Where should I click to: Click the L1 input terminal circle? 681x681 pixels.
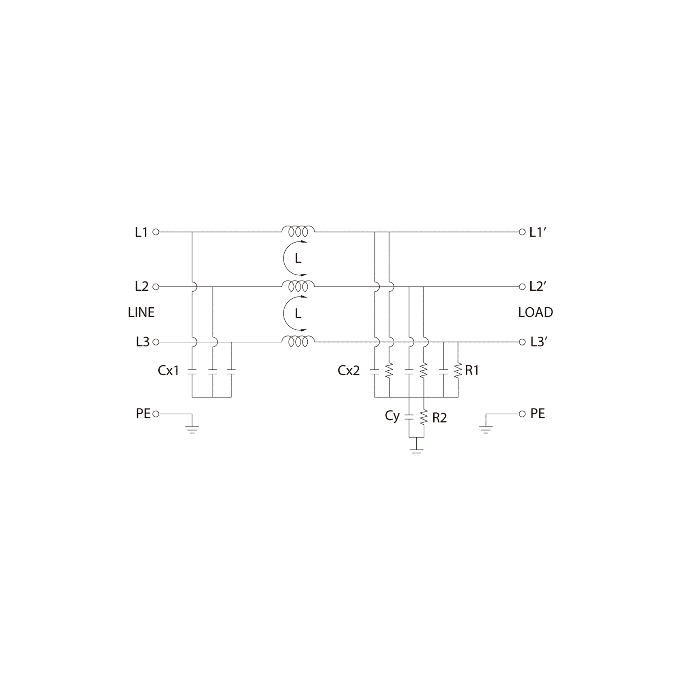tap(156, 232)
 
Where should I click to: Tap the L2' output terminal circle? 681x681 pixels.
tap(522, 287)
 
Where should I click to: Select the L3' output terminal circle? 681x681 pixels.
tap(522, 342)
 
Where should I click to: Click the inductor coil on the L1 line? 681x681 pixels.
tap(298, 231)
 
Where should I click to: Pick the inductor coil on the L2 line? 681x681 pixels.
tap(298, 286)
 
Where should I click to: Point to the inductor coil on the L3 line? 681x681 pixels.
tap(298, 341)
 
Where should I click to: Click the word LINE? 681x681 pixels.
tap(141, 312)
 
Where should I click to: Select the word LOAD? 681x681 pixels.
tap(535, 312)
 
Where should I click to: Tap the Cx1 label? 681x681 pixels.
tap(169, 371)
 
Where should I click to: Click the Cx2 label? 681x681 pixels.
tap(349, 371)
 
